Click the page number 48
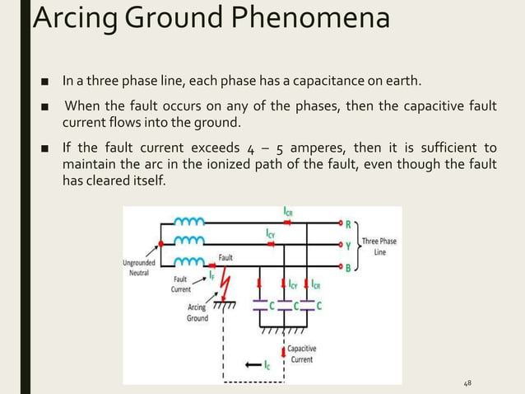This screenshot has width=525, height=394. [467, 383]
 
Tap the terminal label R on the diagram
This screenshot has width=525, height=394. [347, 223]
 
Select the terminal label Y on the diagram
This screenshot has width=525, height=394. [347, 244]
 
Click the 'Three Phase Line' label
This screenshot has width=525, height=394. [379, 246]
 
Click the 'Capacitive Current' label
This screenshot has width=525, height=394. [301, 354]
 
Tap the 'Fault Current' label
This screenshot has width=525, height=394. [181, 284]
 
